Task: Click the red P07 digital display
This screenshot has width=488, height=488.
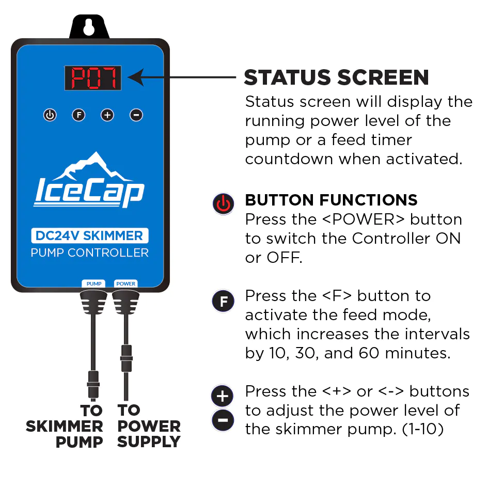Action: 93,78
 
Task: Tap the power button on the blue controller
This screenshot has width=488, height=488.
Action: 50,115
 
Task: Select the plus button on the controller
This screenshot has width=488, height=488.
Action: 107,115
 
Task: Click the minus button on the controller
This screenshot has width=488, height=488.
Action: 136,115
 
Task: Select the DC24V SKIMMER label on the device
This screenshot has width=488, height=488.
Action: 89,236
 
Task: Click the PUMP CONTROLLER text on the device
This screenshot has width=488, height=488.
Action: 89,253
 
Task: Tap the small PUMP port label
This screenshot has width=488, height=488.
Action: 93,284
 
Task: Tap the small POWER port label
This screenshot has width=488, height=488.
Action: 125,284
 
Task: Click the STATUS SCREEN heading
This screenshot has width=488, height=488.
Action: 336,77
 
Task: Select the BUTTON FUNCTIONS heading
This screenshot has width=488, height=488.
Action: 331,200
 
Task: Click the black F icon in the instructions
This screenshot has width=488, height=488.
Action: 223,301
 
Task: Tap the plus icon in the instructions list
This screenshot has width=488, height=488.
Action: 223,397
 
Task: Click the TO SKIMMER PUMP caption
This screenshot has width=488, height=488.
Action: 65,427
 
